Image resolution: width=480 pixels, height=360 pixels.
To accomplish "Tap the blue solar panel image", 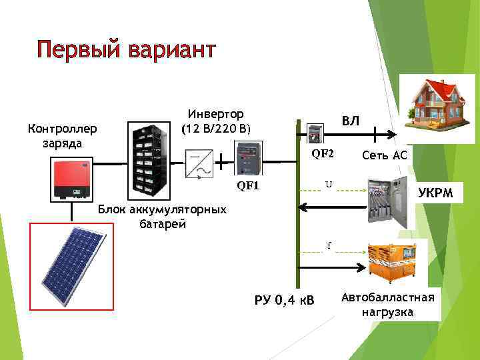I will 72,261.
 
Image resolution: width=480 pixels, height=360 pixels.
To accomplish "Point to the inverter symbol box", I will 199,165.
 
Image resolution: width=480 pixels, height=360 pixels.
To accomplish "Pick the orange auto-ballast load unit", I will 391,259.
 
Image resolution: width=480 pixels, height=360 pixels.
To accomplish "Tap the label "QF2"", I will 323,153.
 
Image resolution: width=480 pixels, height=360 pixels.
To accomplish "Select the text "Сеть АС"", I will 384,155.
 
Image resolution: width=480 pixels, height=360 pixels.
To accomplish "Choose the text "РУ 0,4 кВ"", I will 285,299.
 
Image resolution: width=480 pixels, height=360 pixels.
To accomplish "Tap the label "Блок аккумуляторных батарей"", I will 162,217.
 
